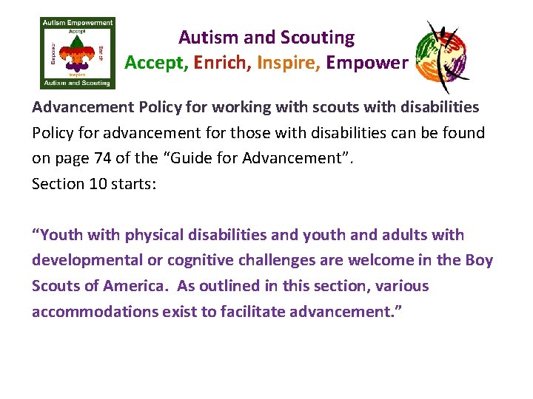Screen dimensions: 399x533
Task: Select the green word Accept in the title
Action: point(156,63)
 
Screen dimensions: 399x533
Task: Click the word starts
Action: point(136,183)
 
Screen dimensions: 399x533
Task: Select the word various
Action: point(402,286)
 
